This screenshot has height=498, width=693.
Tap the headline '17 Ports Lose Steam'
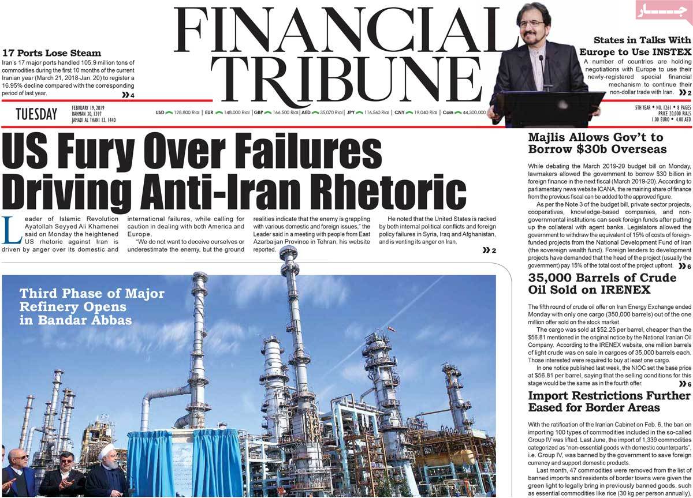point(51,53)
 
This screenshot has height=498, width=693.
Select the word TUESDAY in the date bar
point(36,114)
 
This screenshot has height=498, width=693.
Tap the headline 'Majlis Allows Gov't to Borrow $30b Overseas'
point(597,143)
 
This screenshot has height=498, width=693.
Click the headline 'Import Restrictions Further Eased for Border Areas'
point(609,402)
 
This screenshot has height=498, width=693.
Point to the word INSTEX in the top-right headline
point(670,51)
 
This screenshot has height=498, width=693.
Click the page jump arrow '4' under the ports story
point(128,95)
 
